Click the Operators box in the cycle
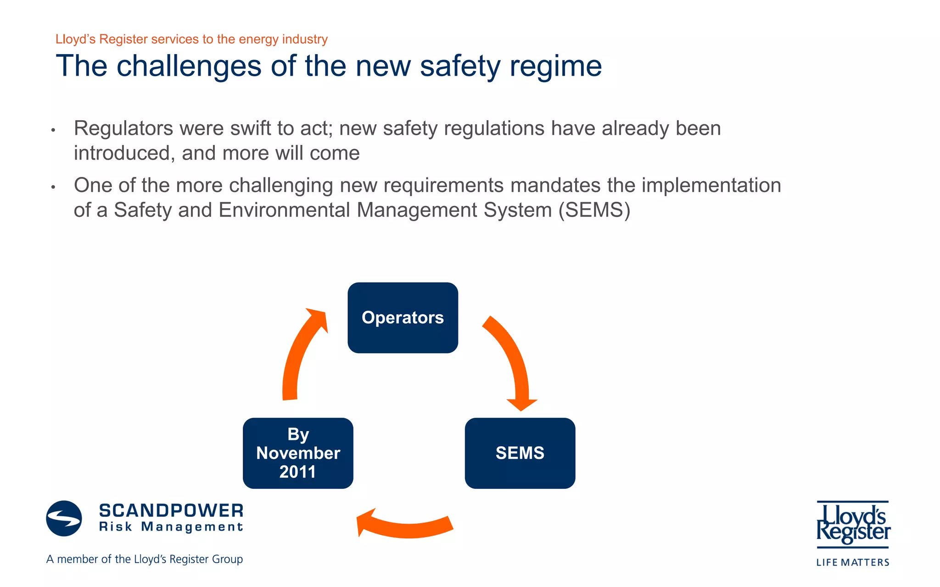coord(403,318)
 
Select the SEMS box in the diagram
coord(520,453)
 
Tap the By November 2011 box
coord(298,453)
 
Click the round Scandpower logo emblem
coord(64,518)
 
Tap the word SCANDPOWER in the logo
coord(171,510)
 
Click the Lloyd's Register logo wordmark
coord(853,524)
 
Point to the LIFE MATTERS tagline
coord(852,562)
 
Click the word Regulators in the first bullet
coord(123,128)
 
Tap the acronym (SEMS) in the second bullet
coord(594,210)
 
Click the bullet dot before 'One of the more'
coord(53,187)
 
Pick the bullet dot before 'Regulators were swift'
coord(53,130)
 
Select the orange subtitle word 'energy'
coord(259,39)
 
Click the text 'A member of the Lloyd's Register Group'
coord(145,559)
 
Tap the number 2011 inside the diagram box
coord(297,472)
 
